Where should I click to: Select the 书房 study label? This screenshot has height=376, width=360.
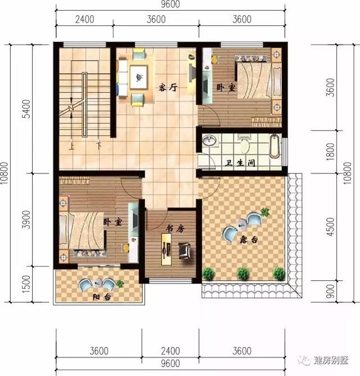coord(174,229)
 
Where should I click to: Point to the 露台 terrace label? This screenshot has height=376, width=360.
coord(249,240)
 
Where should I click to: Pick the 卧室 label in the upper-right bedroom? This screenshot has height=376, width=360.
coord(225,87)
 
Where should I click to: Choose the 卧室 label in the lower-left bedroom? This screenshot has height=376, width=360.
coord(112,222)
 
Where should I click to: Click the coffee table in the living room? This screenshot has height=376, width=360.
coord(137,77)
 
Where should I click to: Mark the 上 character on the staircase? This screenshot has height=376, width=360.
coord(72,147)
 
